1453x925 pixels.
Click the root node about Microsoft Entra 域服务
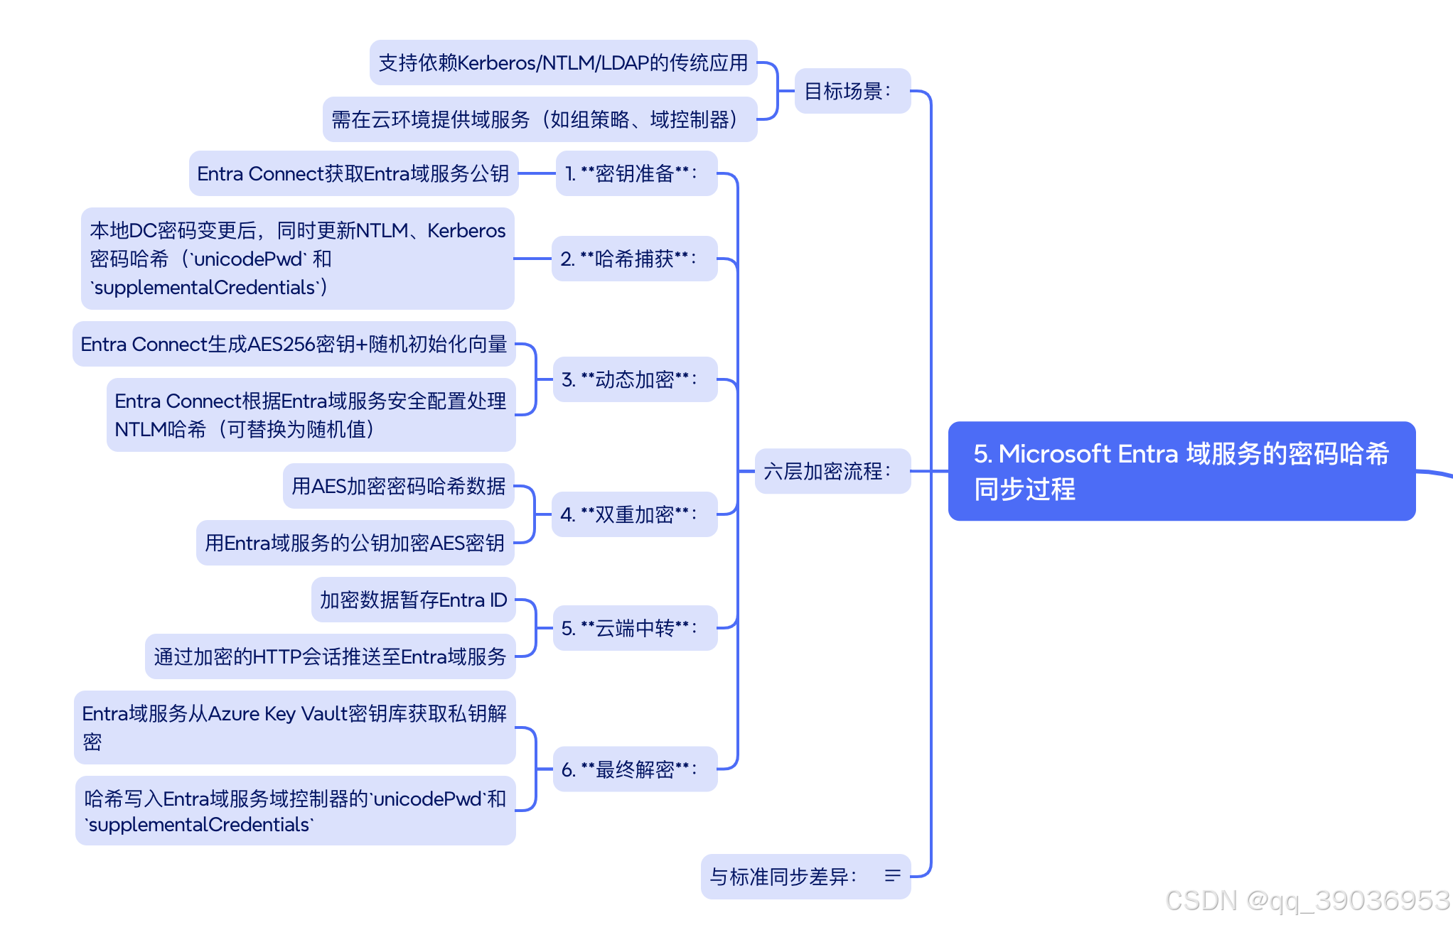(x=1181, y=471)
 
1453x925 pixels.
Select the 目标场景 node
(x=852, y=91)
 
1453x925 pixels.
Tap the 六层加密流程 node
(x=832, y=471)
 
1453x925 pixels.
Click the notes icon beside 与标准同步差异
(x=892, y=876)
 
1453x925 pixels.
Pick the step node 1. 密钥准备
(x=636, y=173)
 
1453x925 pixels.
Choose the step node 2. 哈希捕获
(x=633, y=259)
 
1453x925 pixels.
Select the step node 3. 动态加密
(x=634, y=379)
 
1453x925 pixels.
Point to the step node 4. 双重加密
(x=633, y=514)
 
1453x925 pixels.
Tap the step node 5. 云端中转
(x=634, y=628)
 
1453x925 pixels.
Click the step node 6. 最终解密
(x=634, y=769)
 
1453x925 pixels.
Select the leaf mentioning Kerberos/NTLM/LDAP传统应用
(x=563, y=63)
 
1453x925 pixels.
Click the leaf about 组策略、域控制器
(x=540, y=119)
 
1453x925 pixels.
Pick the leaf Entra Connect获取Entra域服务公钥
(x=353, y=173)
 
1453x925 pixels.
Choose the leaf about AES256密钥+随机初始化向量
(x=294, y=344)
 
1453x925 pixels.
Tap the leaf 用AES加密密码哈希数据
(x=398, y=486)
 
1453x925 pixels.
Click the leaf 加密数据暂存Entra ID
(x=413, y=600)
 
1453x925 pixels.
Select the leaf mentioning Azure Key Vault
(x=294, y=727)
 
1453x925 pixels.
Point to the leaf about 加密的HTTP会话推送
(x=330, y=656)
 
